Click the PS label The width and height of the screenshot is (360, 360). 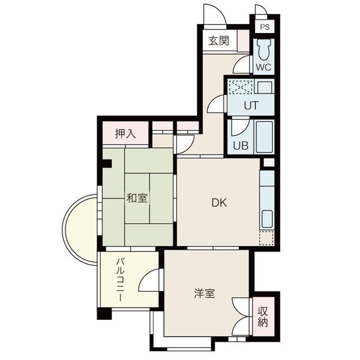(265, 27)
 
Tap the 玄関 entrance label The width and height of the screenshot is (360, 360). (219, 41)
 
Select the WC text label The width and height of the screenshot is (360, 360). (263, 67)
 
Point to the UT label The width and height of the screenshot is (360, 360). (251, 106)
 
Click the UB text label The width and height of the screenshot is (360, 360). (241, 145)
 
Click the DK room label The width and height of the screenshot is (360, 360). (219, 203)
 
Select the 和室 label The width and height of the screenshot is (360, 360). (137, 198)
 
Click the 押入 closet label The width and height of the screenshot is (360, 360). (125, 134)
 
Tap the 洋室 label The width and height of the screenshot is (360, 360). (205, 293)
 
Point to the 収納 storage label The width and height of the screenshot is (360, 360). (263, 317)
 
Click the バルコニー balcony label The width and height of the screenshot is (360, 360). (121, 280)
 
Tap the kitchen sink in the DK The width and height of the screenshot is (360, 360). (267, 219)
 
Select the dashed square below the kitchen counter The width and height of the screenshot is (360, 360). (266, 238)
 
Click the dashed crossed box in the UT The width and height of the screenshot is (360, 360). (241, 86)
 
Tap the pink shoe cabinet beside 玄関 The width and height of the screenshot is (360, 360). (243, 41)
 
